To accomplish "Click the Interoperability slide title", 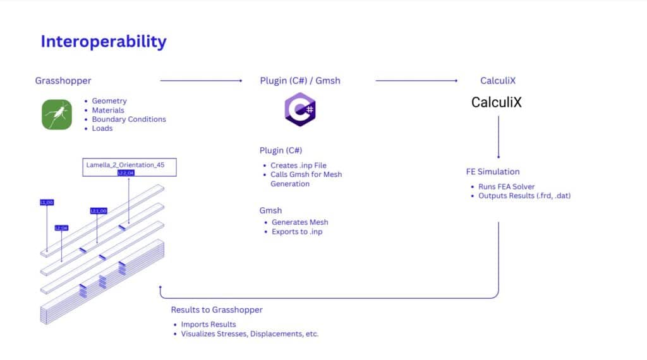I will (x=104, y=42).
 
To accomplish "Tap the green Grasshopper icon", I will (x=57, y=114).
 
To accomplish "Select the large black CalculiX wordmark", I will (x=497, y=102).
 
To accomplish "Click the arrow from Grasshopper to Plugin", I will (x=201, y=81).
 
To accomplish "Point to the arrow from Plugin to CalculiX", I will (x=416, y=81).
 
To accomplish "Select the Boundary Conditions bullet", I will (x=129, y=119).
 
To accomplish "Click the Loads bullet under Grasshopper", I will (x=102, y=128).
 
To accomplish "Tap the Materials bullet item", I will (x=108, y=111).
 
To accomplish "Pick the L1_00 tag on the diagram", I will (x=47, y=203).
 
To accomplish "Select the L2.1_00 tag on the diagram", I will (x=99, y=210).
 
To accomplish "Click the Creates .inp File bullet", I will (x=298, y=165).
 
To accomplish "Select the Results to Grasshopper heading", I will (x=217, y=309).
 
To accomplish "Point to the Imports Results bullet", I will (x=209, y=325).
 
